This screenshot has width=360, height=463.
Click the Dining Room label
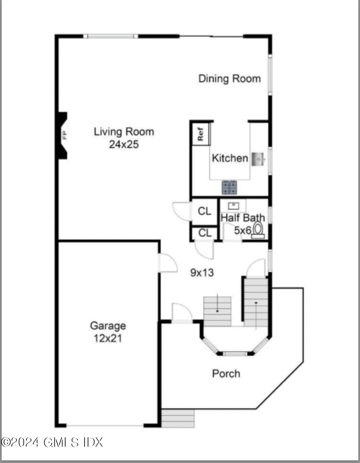click(x=229, y=79)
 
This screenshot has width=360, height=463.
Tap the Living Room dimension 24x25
click(x=124, y=144)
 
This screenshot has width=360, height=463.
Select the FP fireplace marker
click(x=64, y=135)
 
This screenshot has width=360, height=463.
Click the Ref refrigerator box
click(x=201, y=134)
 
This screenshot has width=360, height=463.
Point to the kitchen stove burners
click(x=229, y=187)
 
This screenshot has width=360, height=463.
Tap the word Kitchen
click(x=230, y=158)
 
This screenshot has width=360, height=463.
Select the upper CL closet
click(x=204, y=211)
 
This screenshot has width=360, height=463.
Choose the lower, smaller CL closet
click(x=205, y=233)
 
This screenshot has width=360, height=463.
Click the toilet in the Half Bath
click(x=258, y=229)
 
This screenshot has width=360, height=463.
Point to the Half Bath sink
click(x=233, y=206)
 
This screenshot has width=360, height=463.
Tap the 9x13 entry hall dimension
click(x=202, y=273)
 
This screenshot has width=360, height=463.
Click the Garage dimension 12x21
click(x=108, y=338)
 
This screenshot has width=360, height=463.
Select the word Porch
click(x=226, y=373)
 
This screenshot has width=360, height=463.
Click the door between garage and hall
click(x=167, y=263)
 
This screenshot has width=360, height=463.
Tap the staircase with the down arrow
click(x=217, y=311)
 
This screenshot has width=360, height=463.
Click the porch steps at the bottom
click(x=178, y=418)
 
